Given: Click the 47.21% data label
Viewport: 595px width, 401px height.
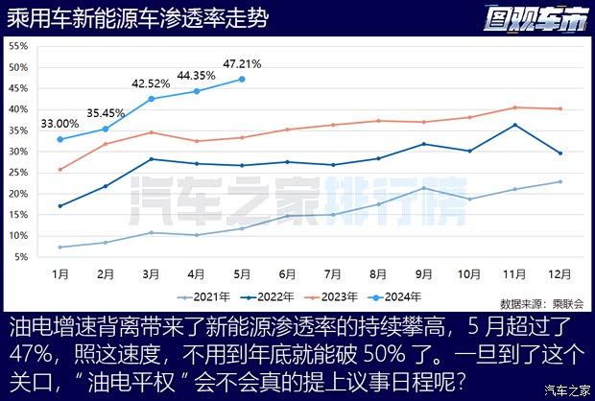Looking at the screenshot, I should (242, 64).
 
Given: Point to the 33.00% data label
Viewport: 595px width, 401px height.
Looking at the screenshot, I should (59, 124).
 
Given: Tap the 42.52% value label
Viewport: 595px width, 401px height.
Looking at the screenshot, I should (152, 83).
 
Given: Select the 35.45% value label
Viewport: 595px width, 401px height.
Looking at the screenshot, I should (106, 111).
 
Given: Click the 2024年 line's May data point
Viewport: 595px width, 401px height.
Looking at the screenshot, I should (242, 79).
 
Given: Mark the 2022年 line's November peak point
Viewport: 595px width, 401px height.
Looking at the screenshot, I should (514, 125).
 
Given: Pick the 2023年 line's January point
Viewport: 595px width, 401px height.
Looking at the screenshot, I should (60, 170).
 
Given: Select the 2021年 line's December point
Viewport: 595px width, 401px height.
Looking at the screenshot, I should (559, 181).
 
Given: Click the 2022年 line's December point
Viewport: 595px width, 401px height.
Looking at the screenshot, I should (559, 153).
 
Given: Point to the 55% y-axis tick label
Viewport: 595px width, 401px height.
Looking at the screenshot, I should (18, 46).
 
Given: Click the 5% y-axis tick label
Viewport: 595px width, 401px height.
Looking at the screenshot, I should (21, 257).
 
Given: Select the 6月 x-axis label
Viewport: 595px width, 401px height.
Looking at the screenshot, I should (287, 273).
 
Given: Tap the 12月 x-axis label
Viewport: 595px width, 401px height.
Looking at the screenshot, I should (559, 273).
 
